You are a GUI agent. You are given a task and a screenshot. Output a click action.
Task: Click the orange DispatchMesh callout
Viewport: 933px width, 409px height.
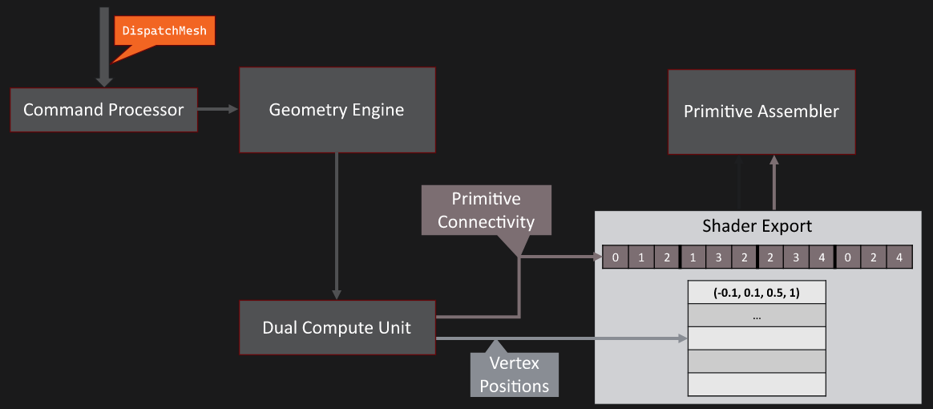tap(164, 30)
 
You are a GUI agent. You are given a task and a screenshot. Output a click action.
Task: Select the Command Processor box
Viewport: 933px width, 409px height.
tap(103, 110)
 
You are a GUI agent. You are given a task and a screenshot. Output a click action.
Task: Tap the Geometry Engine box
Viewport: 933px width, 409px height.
tap(337, 110)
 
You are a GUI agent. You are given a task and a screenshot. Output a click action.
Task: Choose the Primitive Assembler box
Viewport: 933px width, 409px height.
tap(761, 111)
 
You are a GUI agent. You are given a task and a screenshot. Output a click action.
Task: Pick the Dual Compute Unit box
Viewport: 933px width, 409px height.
tap(337, 327)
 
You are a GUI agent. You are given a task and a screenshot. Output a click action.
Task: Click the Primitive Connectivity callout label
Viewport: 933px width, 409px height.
tap(486, 210)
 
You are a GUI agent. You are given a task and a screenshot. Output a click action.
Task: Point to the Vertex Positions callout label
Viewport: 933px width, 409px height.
tap(514, 375)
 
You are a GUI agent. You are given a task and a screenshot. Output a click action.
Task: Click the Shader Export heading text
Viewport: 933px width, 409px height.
tap(757, 225)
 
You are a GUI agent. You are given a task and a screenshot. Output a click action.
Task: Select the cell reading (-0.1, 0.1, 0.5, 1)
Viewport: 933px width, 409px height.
tap(757, 292)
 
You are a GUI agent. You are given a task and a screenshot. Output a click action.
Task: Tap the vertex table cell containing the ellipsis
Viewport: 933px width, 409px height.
tap(757, 316)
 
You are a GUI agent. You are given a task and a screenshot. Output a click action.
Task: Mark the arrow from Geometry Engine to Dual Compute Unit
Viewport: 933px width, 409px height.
tap(337, 225)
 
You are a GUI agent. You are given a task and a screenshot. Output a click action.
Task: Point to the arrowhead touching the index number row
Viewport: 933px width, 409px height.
tap(597, 257)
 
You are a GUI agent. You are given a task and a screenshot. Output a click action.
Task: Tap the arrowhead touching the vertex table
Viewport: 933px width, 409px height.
tap(683, 339)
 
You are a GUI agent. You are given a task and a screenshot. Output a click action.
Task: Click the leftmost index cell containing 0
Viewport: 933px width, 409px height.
tap(615, 257)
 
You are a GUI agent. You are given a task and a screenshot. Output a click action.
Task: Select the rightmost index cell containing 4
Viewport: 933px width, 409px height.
tap(899, 257)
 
